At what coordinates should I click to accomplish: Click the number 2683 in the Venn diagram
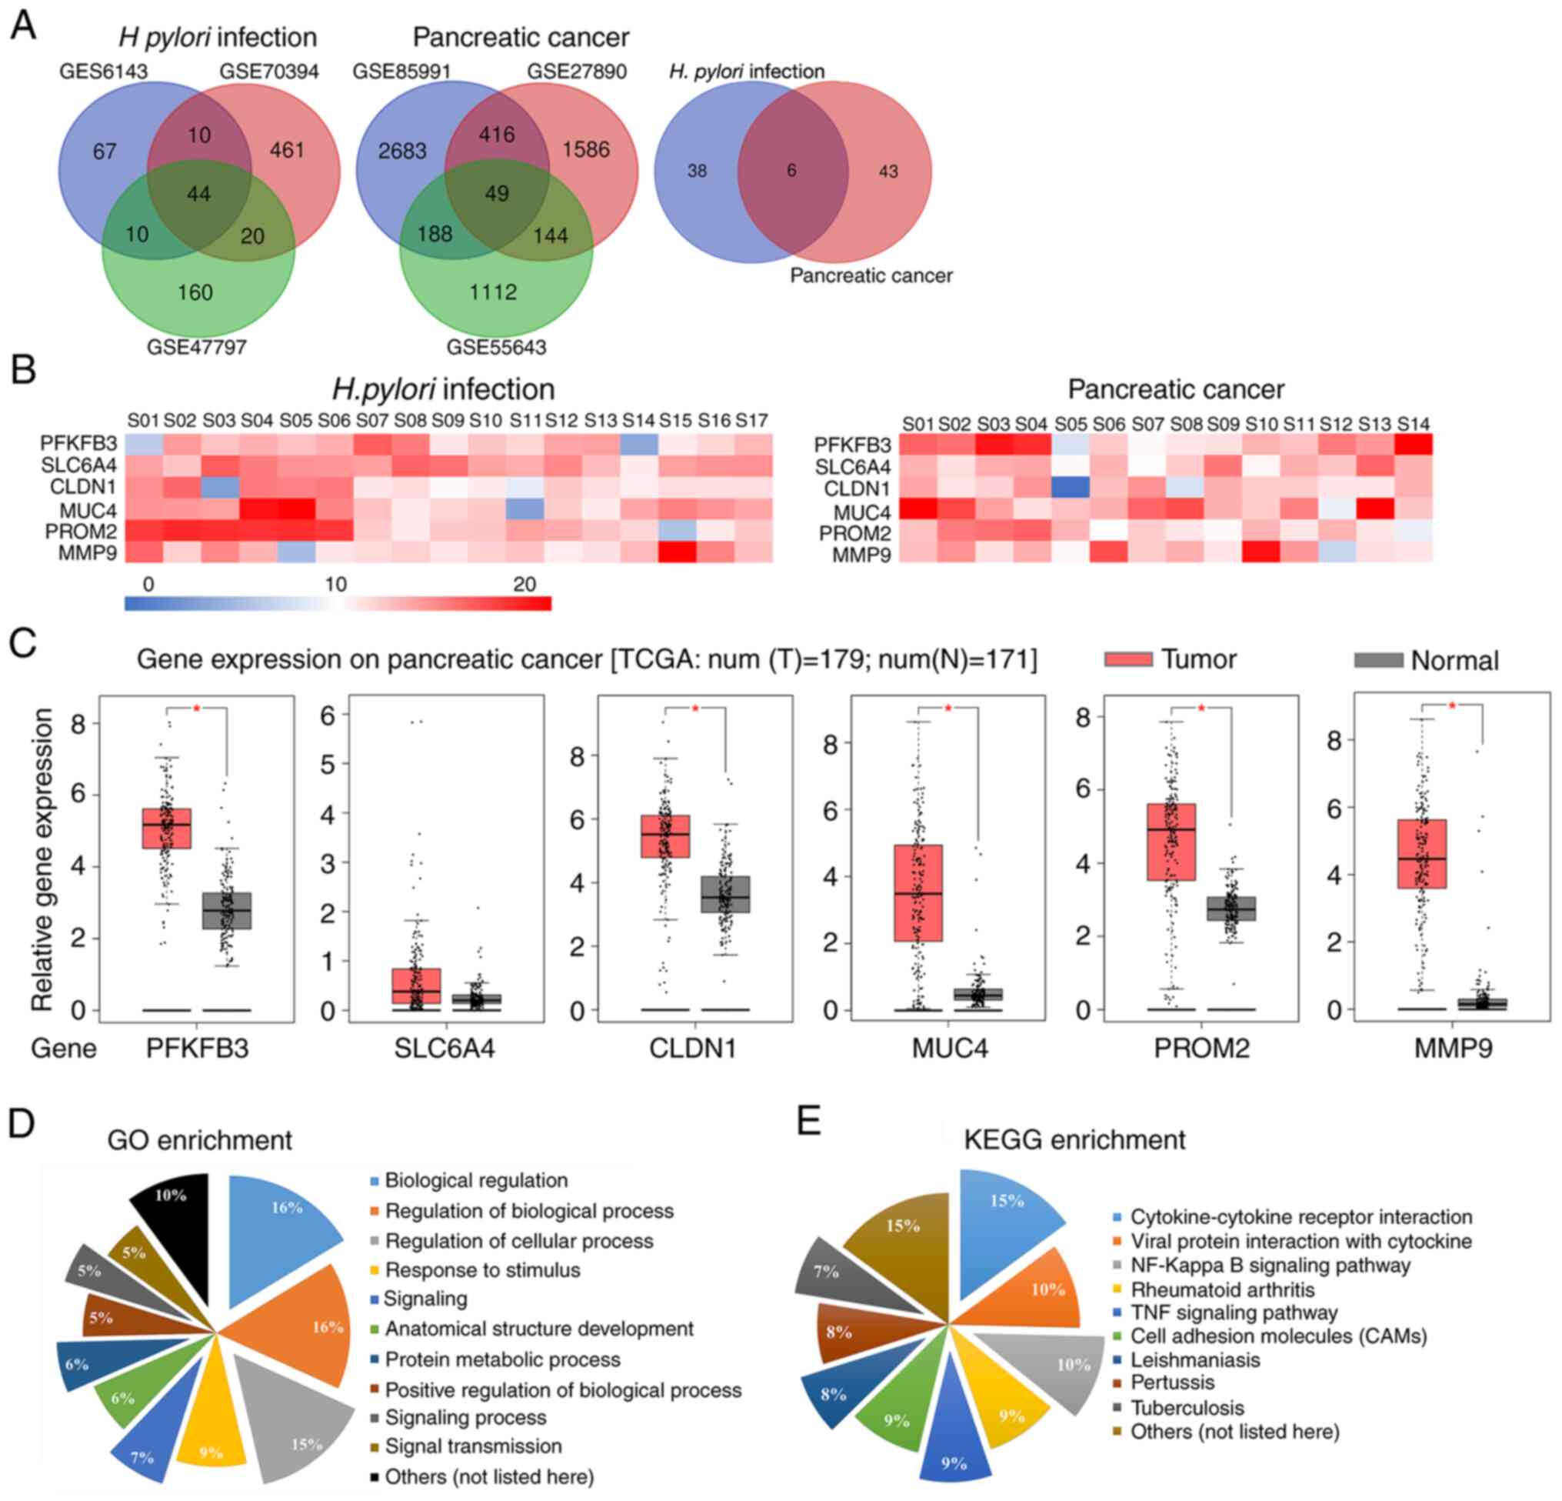point(402,151)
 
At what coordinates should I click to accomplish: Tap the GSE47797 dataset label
point(196,348)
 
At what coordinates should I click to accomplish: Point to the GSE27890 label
point(576,72)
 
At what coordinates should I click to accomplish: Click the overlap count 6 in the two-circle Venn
point(791,171)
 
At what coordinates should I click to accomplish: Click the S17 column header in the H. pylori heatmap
point(751,420)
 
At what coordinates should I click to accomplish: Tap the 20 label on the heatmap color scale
point(524,584)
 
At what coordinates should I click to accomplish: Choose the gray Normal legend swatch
point(1378,660)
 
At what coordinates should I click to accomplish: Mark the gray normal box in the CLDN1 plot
point(725,895)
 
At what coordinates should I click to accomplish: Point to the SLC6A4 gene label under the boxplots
point(444,1048)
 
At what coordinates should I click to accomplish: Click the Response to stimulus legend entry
point(481,1270)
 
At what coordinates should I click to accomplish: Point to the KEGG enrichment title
point(1074,1140)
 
